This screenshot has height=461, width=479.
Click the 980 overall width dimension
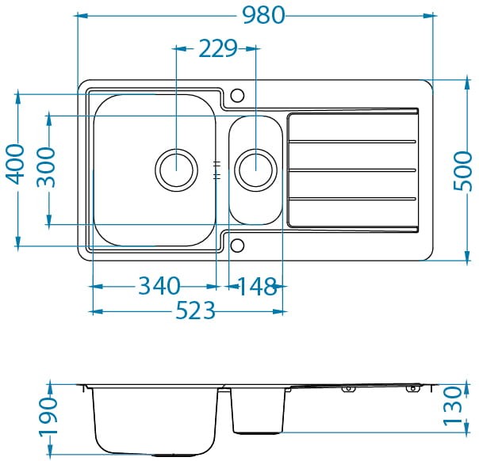click(x=263, y=15)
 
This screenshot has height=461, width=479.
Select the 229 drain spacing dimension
click(x=218, y=48)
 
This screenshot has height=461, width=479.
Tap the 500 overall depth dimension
click(x=463, y=171)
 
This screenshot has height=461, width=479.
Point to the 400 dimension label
click(x=15, y=165)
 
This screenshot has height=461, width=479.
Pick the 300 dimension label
click(x=47, y=167)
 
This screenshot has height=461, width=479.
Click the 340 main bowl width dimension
click(x=159, y=286)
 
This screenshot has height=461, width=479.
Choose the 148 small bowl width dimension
click(x=257, y=286)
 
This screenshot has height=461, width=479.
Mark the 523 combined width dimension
click(x=196, y=311)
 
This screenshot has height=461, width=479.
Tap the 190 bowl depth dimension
click(x=48, y=415)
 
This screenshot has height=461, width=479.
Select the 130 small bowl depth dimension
click(x=452, y=406)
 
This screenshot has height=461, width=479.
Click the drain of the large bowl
click(x=177, y=170)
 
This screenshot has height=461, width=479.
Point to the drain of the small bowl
click(x=255, y=170)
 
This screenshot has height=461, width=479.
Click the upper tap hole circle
click(x=237, y=95)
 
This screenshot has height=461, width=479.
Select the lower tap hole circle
click(x=237, y=246)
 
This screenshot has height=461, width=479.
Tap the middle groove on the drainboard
click(x=352, y=170)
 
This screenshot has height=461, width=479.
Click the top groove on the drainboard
click(x=352, y=142)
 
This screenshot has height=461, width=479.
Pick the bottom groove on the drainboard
click(x=352, y=199)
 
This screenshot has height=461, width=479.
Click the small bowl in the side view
click(x=258, y=410)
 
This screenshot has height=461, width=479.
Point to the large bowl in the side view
click(x=155, y=422)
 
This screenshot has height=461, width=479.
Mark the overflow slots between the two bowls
click(x=217, y=170)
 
